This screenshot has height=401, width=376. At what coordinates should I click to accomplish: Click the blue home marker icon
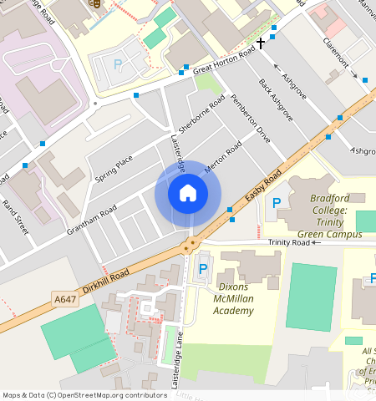point(188,193)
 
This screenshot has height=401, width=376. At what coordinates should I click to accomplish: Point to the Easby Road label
point(264,188)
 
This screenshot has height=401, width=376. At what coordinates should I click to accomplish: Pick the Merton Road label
point(222,156)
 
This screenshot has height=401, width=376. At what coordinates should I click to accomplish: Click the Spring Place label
point(114,168)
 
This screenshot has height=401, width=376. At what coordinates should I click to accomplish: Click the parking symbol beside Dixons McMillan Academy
point(203,270)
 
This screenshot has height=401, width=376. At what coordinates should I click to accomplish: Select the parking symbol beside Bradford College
point(277,203)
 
